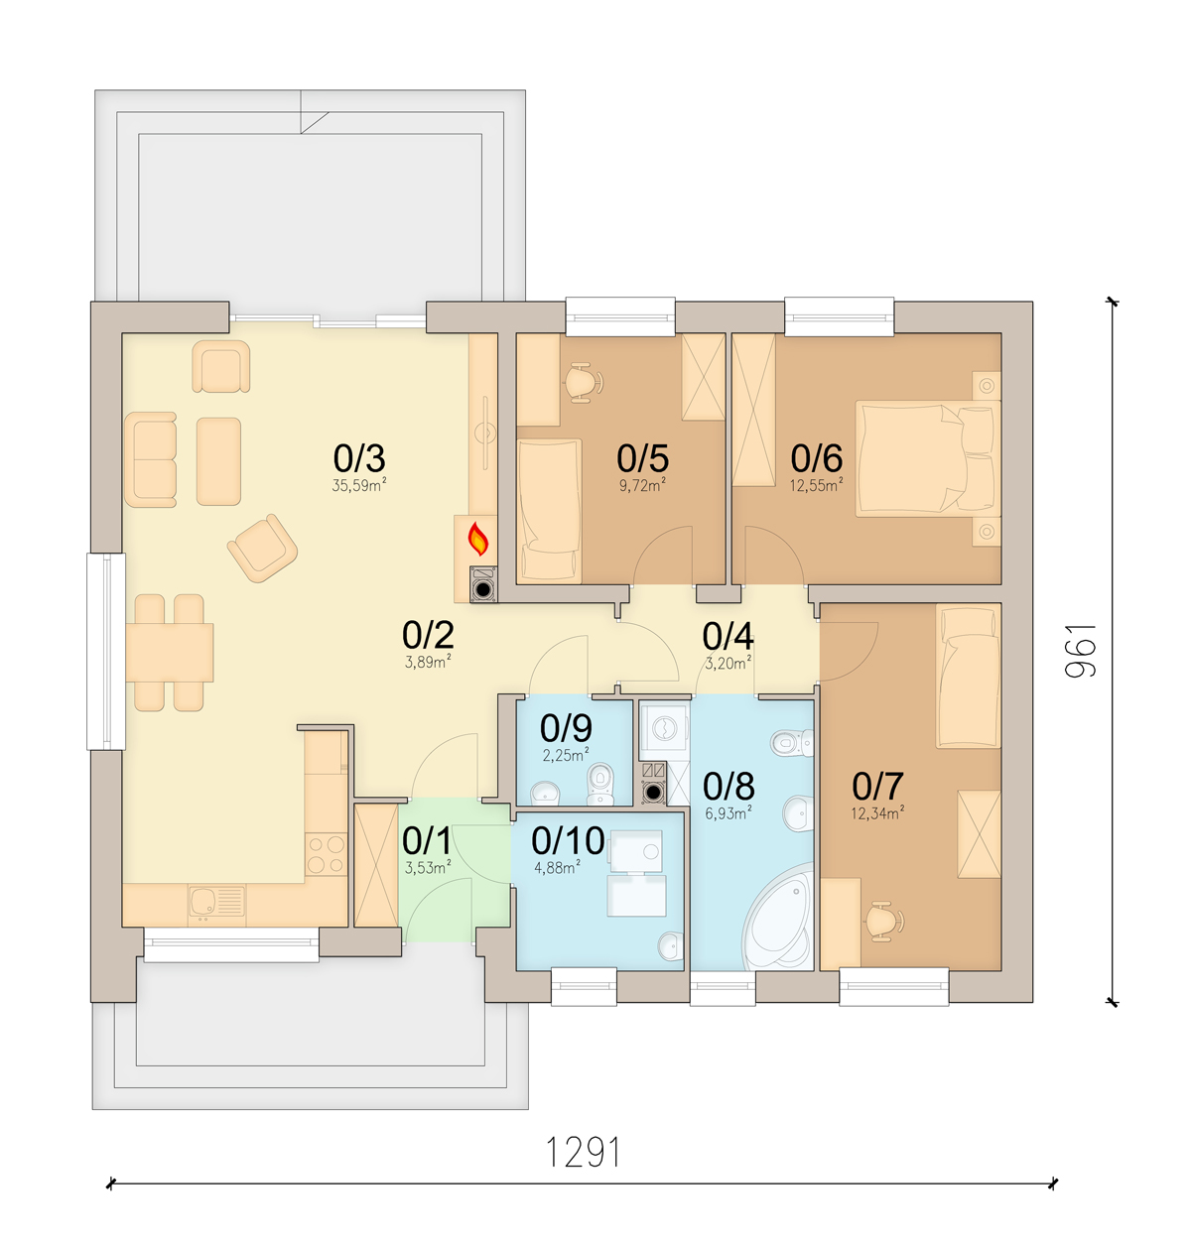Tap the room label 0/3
click(x=359, y=458)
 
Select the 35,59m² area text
click(x=359, y=485)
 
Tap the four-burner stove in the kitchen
click(x=326, y=855)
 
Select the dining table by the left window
click(x=170, y=653)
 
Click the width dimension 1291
click(x=583, y=1151)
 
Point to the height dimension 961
click(x=1081, y=650)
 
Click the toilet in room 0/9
click(x=600, y=783)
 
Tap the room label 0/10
click(x=568, y=840)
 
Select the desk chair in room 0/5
click(x=583, y=383)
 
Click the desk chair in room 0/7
click(x=883, y=921)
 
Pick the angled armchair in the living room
click(x=262, y=548)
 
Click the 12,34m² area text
click(x=877, y=813)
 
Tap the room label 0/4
click(x=728, y=636)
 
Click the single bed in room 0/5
click(x=549, y=511)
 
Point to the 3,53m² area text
click(x=428, y=868)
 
